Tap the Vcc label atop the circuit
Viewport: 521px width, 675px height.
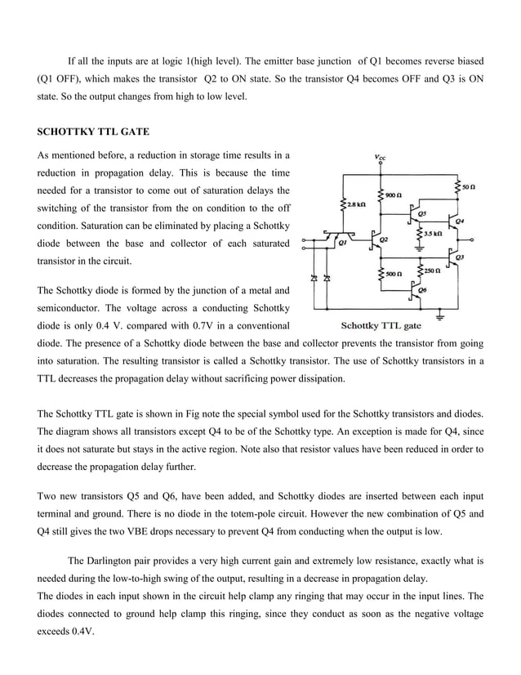click(381, 156)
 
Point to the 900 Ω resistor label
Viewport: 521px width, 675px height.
click(394, 196)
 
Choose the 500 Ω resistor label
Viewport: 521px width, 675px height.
click(394, 274)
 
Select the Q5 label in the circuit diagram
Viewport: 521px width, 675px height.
click(421, 212)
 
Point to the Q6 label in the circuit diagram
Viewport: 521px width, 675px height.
click(421, 289)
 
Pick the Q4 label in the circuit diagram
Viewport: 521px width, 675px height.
click(461, 221)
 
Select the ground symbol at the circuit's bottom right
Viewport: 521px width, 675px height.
click(441, 315)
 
